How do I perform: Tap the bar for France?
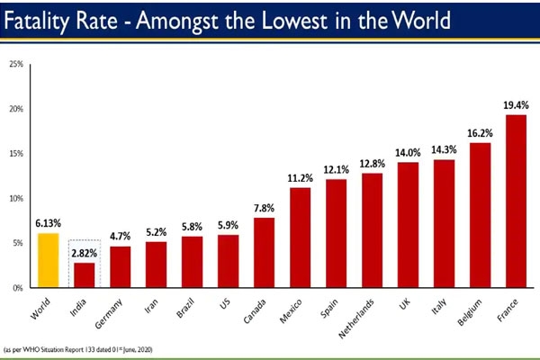[516, 202]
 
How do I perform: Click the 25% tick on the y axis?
[16, 65]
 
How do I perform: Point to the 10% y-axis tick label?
[16, 199]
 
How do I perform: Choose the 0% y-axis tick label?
[18, 288]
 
